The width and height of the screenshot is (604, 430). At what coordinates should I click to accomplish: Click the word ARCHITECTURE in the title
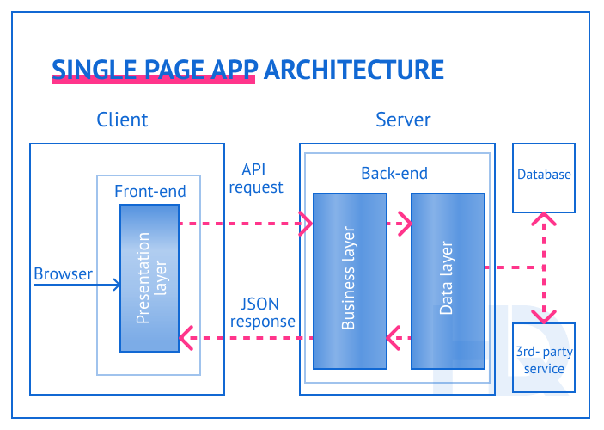point(353,70)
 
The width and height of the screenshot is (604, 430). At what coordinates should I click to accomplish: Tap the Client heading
point(122,120)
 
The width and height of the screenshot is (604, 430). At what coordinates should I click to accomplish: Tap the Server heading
point(403,120)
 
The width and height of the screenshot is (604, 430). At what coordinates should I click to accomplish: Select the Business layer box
point(348,279)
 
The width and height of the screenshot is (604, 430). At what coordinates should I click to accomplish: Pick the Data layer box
point(447,279)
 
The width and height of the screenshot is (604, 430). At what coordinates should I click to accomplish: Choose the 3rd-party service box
point(543,359)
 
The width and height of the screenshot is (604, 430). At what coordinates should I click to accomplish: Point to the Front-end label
point(149,191)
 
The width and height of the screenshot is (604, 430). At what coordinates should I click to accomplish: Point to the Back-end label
point(394,174)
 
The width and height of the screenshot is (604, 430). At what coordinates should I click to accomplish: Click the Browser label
point(63,274)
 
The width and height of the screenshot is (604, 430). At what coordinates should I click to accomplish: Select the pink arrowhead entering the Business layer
point(305,224)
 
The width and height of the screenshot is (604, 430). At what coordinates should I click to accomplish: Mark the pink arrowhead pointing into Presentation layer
point(186,338)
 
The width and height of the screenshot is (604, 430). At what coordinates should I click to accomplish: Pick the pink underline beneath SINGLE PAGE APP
point(155,80)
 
